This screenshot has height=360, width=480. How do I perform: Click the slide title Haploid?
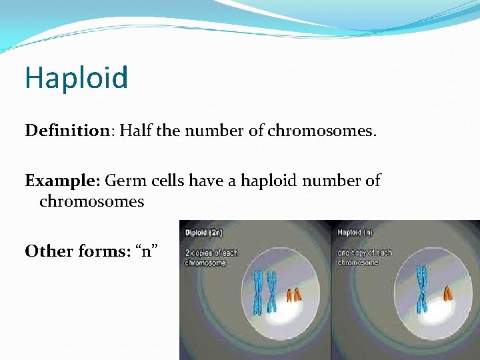(x=76, y=78)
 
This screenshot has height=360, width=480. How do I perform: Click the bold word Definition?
(x=66, y=131)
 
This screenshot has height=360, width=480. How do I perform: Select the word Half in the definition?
(x=133, y=131)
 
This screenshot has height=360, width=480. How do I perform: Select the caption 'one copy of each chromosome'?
(x=365, y=257)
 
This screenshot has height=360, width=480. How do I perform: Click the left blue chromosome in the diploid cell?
(x=259, y=291)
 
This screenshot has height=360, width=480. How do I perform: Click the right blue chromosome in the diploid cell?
(x=271, y=291)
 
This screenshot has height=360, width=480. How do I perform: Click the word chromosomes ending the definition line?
(x=322, y=131)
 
